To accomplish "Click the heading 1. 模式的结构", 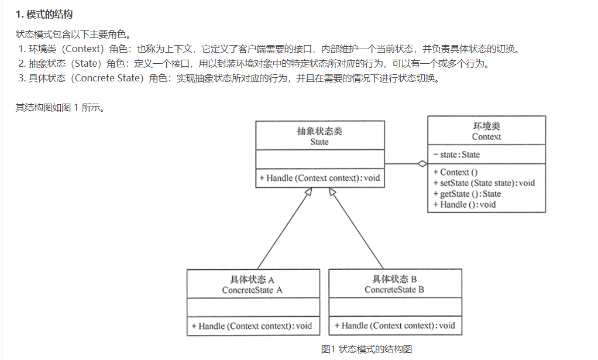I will [x=44, y=13].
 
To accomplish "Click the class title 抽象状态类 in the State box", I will [x=319, y=131].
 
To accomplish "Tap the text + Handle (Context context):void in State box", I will [x=320, y=178].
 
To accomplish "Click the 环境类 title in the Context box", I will [x=486, y=126].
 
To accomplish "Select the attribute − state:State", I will [x=456, y=155].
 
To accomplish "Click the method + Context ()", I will [x=455, y=172].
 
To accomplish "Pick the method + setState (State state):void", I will [x=484, y=183].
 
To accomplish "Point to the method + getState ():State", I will [x=467, y=194].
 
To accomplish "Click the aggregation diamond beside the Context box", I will [x=422, y=163].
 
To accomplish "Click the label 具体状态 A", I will [x=252, y=279].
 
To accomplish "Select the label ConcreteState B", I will [x=394, y=290].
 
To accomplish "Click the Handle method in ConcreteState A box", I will [x=252, y=325].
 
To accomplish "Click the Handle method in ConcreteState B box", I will [x=394, y=325].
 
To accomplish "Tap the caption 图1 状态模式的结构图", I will [x=366, y=349].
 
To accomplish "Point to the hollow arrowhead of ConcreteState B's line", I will [x=333, y=193].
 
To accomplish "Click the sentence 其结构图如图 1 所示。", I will [x=60, y=107].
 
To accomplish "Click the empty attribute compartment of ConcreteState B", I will [x=395, y=307].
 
